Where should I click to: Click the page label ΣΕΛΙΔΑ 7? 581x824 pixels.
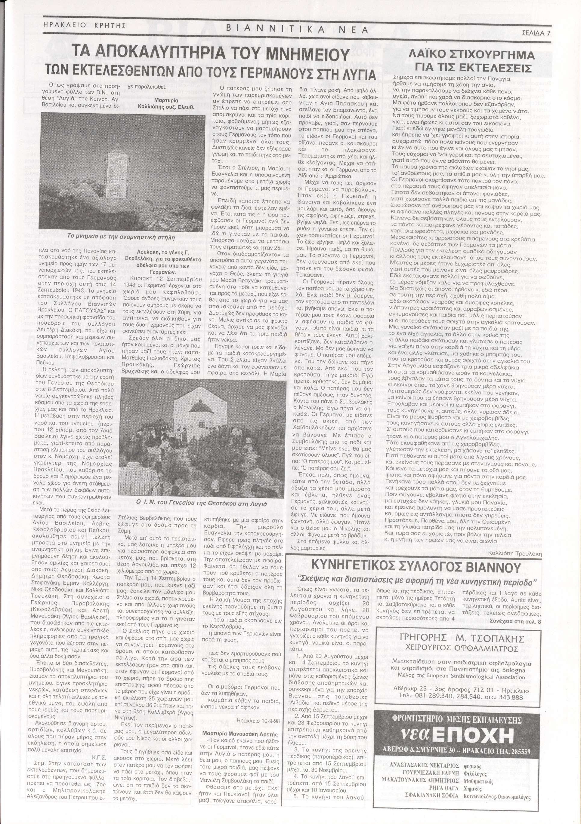tap(536, 33)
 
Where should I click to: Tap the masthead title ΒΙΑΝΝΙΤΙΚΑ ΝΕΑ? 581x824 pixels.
tap(297, 30)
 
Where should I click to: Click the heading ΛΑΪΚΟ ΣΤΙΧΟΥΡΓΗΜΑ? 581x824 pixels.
tap(473, 56)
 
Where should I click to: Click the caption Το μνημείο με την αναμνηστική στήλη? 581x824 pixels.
tap(121, 237)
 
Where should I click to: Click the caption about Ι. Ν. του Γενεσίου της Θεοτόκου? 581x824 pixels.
tap(202, 504)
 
